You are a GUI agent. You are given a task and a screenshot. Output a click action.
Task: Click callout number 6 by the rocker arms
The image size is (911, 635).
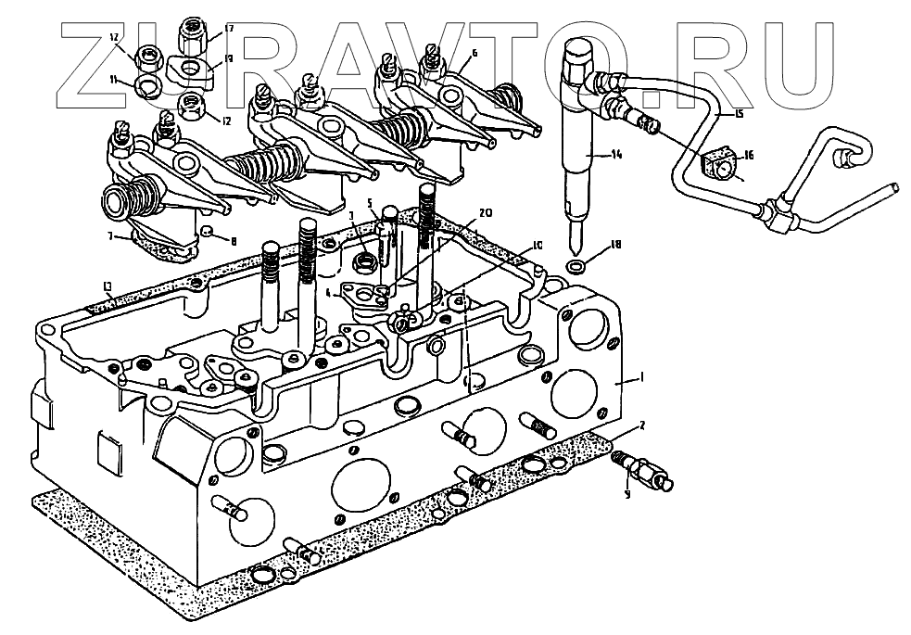coord(474,53)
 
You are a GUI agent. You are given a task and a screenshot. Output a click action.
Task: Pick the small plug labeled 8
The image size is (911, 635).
coord(209,231)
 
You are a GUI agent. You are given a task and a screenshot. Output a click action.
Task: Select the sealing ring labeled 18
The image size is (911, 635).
coord(576,269)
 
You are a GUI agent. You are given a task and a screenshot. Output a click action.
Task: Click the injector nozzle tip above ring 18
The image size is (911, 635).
coord(576,243)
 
